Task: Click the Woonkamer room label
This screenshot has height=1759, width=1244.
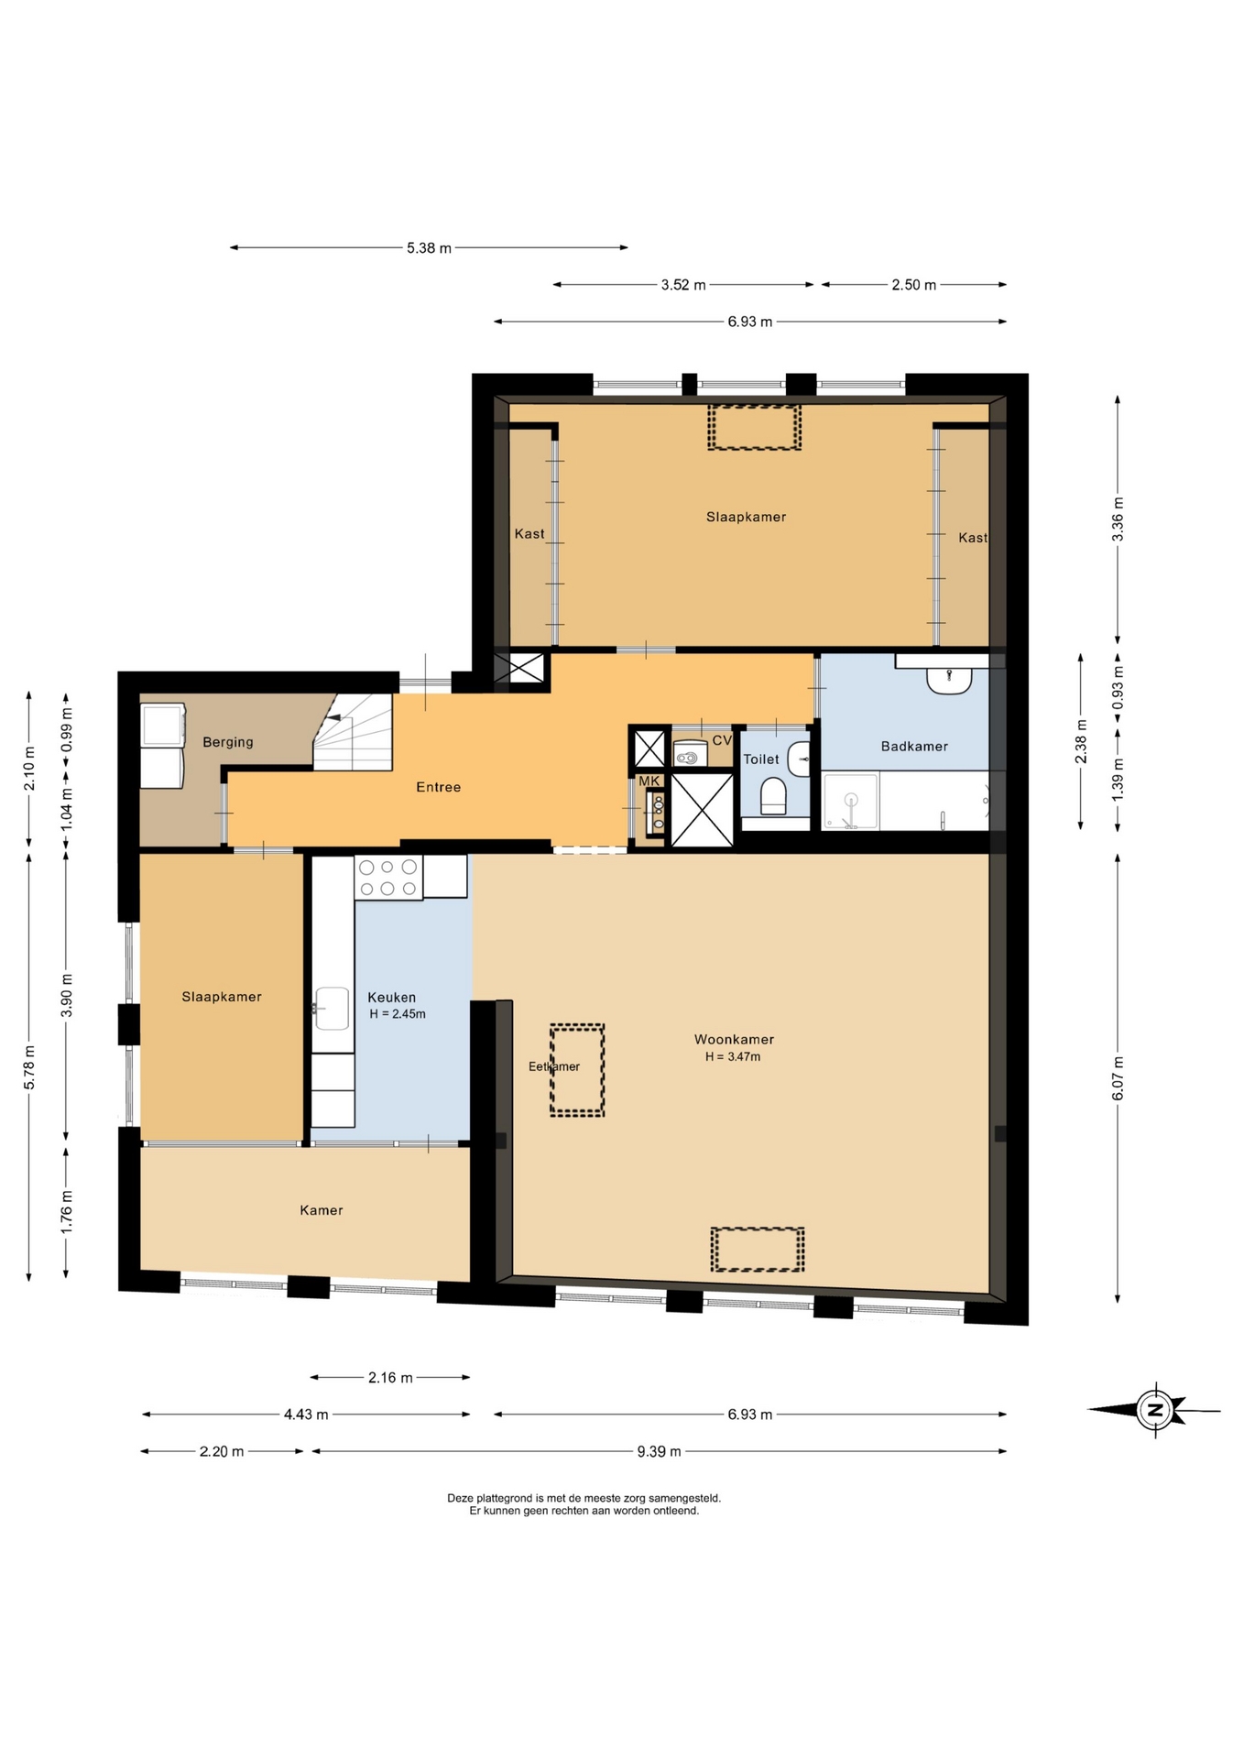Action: point(734,1039)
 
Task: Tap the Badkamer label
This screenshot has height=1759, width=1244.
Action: point(914,746)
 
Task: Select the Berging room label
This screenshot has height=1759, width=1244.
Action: point(228,742)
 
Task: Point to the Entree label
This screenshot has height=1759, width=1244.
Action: point(438,787)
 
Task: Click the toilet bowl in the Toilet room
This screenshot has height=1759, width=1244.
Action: point(774,795)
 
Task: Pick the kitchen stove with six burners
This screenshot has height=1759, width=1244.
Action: point(388,877)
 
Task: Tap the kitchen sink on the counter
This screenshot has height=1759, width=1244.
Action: point(332,1008)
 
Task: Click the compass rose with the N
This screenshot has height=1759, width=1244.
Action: point(1155,1409)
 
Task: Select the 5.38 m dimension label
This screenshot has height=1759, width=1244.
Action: point(429,248)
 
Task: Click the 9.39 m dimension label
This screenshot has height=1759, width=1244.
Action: point(659,1451)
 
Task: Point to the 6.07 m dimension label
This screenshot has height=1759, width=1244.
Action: point(1118,1078)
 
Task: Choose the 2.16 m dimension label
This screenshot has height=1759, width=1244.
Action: point(390,1377)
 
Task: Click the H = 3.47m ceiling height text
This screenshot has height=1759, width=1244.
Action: point(733,1056)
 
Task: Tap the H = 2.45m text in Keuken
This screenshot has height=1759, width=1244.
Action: point(398,1014)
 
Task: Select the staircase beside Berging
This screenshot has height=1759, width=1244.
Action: point(354,731)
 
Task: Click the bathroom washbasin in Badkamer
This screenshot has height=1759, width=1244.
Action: point(948,680)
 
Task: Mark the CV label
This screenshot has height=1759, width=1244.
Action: point(722,740)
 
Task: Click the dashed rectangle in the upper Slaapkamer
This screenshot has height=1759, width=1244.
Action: point(754,427)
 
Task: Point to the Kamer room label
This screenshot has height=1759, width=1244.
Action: point(322,1210)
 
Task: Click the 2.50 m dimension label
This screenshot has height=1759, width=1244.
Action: point(914,285)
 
